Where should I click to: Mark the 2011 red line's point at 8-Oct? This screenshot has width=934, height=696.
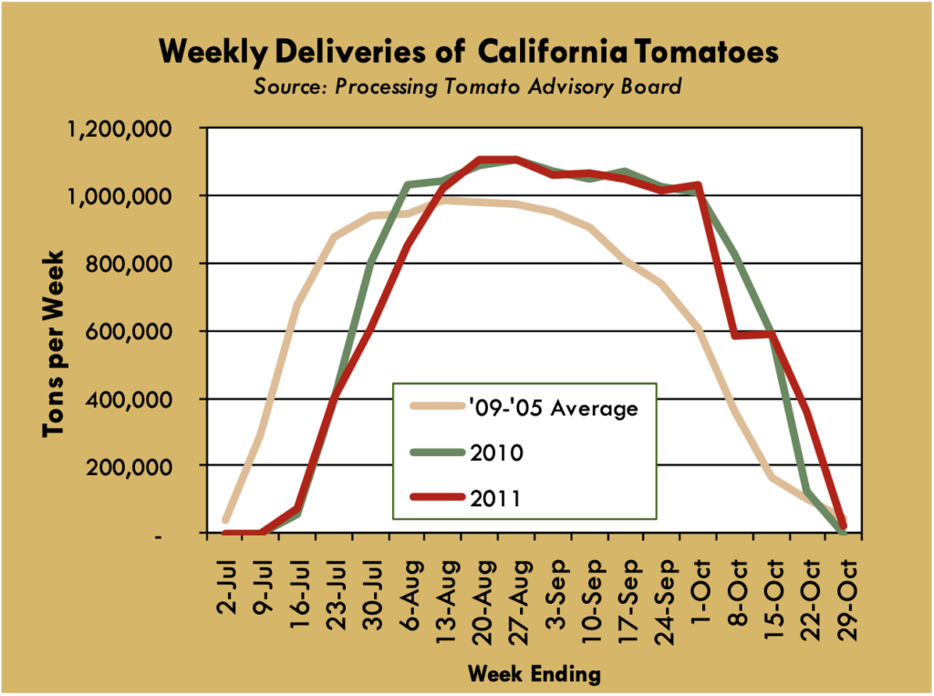pyautogui.click(x=736, y=336)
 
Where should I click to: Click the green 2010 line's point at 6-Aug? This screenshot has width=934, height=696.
pyautogui.click(x=408, y=185)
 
